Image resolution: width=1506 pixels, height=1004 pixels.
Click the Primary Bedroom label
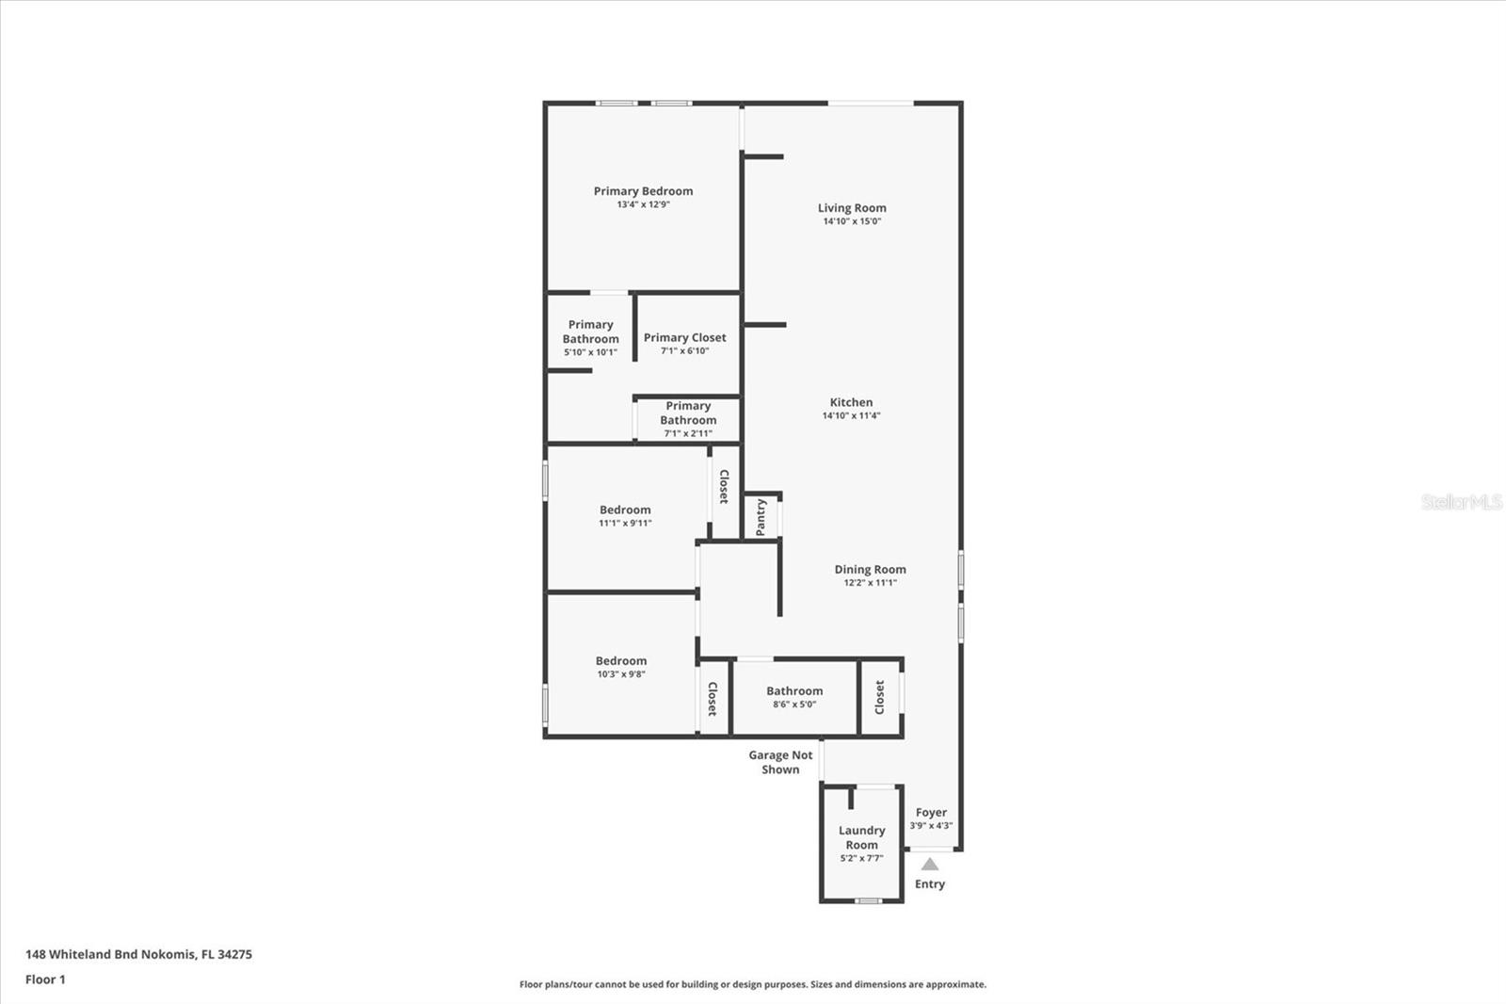pos(643,191)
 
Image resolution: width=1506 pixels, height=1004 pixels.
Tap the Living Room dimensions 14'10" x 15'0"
pos(852,221)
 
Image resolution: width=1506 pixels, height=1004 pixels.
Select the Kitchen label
pos(851,402)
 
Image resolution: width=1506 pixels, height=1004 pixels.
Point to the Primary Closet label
pos(684,337)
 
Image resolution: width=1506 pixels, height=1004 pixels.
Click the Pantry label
pos(761,517)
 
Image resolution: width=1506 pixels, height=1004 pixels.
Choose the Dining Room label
pos(870,569)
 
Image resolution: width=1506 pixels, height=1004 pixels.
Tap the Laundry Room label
pos(861,837)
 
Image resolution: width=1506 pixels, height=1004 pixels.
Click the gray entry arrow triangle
pos(930,864)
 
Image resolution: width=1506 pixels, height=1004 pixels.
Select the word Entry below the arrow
pos(930,883)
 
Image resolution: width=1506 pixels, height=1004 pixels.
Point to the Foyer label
pos(931,812)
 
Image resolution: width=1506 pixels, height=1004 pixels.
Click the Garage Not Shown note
pos(780,762)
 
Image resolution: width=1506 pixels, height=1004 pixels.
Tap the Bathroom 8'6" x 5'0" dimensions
pos(794,704)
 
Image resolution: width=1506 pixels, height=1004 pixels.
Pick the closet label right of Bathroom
pos(880,698)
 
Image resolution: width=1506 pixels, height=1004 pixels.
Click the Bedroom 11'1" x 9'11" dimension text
pos(625,524)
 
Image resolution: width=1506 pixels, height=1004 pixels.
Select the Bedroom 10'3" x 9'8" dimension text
pos(621,674)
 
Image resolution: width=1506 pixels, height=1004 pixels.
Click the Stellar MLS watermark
pos(1462,502)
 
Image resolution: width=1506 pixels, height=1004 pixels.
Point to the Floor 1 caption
pos(45,980)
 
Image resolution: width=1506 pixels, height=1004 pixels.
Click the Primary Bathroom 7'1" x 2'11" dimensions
pos(688,434)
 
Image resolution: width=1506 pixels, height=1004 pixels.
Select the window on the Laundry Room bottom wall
pos(868,901)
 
